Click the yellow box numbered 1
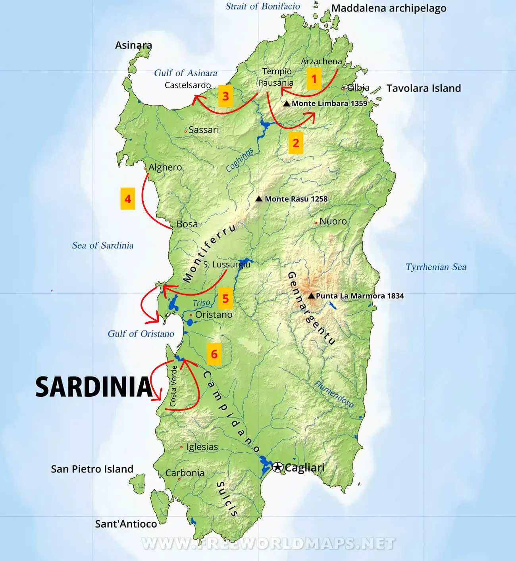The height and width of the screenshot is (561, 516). pos(314,79)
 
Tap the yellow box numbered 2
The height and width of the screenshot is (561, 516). pos(296,143)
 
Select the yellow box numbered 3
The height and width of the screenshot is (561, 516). pos(225,96)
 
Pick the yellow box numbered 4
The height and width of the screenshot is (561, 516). pos(128,199)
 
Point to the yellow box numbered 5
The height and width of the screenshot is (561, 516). pos(225,298)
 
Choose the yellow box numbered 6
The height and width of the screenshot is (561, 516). pos(214,354)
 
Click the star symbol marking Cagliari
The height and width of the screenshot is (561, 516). pos(277,467)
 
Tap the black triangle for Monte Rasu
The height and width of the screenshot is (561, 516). pos(259,198)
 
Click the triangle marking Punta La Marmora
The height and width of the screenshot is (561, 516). pos(311,296)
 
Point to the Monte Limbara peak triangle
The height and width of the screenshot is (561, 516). pos(287,103)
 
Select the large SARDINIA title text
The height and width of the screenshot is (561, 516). pos(94,387)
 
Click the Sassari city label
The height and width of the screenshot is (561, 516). pos(204,130)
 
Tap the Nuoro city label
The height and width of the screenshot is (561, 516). pos(333,221)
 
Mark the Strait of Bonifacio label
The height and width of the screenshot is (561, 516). pos(262,6)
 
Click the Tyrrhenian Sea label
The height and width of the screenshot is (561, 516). pos(436,267)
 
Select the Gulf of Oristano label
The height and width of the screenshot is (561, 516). pos(141,334)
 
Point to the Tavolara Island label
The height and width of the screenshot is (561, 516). pos(424,88)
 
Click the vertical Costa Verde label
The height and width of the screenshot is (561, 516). pos(173,386)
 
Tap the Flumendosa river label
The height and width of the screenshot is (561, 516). pos(334,394)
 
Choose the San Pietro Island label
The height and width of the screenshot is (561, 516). pos(92,469)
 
